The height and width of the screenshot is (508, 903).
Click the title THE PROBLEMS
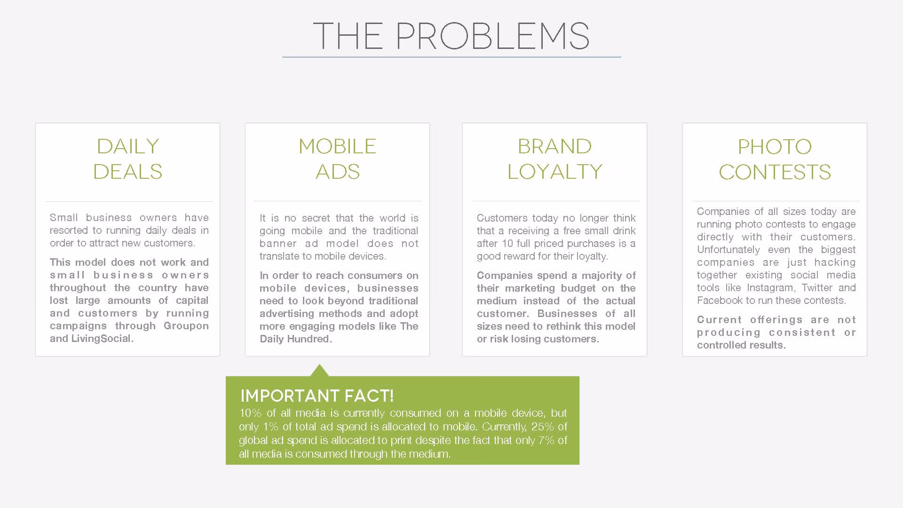click(451, 36)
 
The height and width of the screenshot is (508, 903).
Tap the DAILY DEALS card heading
click(128, 159)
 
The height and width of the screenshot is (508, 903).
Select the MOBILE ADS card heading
click(338, 159)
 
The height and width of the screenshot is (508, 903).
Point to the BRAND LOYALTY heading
click(555, 159)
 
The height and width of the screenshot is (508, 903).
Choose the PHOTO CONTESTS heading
click(775, 159)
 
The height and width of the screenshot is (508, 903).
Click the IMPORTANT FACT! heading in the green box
click(317, 396)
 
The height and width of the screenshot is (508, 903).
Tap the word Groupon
click(186, 326)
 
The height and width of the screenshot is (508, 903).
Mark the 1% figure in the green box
click(271, 427)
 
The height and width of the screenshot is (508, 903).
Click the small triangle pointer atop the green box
click(319, 371)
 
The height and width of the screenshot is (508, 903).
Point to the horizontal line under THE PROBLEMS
click(451, 57)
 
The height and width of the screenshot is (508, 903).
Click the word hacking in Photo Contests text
click(835, 262)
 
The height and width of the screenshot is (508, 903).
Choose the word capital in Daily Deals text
click(192, 301)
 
